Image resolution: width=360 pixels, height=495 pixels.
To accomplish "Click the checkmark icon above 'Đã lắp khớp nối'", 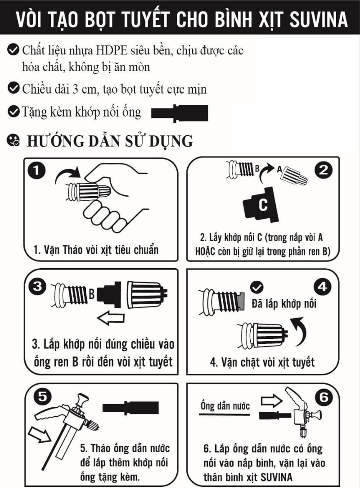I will pyautogui.click(x=258, y=287).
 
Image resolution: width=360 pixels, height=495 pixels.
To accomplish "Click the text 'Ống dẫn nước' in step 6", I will pyautogui.click(x=225, y=405).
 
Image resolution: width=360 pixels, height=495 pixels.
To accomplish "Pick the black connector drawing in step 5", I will pyautogui.click(x=130, y=408).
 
